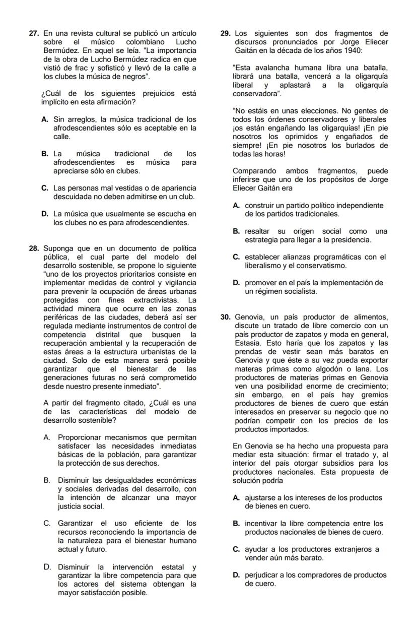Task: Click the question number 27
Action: point(34,34)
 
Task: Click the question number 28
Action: point(34,248)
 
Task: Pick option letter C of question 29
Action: point(236,257)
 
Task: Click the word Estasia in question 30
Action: point(248,343)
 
